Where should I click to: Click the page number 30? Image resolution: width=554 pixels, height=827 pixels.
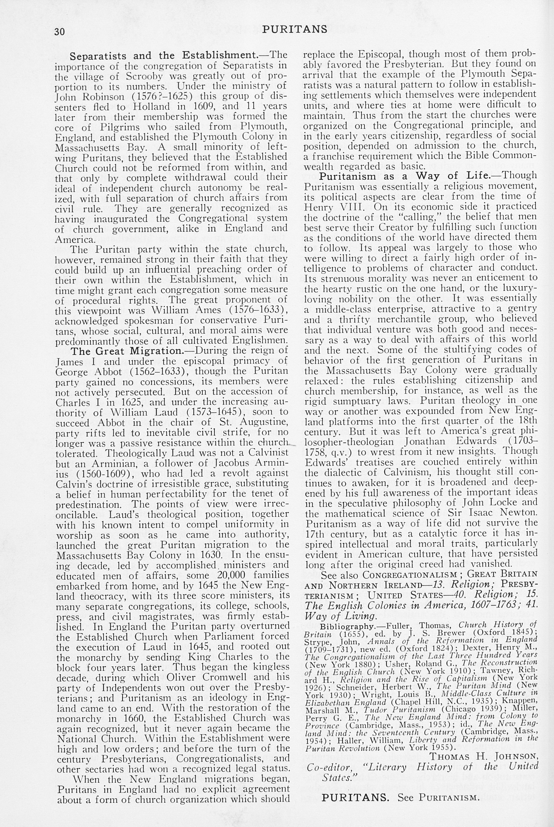pyautogui.click(x=60, y=32)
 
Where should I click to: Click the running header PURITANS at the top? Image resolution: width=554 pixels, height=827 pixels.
pyautogui.click(x=295, y=29)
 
